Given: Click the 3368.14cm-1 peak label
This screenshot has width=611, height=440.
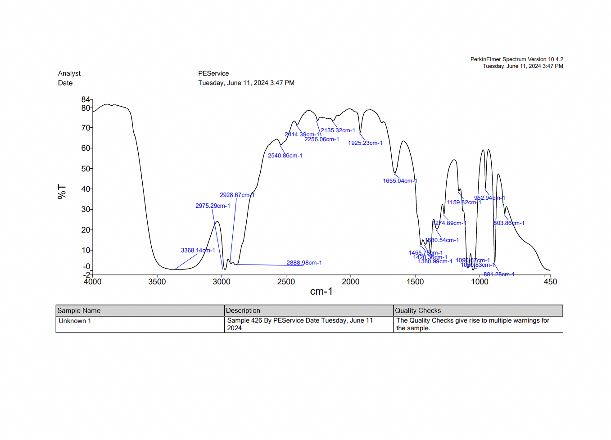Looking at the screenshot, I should click(198, 251).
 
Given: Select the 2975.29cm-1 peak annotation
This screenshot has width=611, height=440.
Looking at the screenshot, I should click(213, 206).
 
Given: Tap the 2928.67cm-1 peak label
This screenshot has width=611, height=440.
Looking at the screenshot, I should click(237, 195).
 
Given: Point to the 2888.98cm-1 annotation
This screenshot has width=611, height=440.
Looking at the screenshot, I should click(304, 263).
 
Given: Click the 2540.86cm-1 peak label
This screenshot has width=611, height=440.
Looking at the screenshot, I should click(285, 156).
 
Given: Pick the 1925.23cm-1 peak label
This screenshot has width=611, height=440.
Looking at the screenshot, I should click(365, 143).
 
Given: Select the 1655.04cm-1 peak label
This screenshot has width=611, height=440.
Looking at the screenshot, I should click(400, 181).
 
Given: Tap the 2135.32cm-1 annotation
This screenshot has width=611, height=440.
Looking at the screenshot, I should click(338, 130).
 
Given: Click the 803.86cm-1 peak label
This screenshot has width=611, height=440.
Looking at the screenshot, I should click(509, 223).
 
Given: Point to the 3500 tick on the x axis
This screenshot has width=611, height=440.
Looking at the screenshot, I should click(157, 282).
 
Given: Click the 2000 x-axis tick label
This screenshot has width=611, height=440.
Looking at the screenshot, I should click(351, 282).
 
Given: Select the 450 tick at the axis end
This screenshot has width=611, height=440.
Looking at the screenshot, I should click(550, 282).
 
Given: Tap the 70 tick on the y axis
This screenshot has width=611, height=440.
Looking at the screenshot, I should click(86, 128).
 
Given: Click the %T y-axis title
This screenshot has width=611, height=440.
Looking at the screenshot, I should click(62, 191).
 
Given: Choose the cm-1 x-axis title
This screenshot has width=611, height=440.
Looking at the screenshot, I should click(321, 292).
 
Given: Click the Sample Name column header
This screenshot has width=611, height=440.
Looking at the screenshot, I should click(79, 311).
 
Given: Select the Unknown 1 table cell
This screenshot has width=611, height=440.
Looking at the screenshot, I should click(75, 321).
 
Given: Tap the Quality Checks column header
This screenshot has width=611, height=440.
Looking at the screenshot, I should click(418, 311).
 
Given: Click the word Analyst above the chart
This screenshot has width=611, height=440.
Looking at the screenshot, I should click(69, 74).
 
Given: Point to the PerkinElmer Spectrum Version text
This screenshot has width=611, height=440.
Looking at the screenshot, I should click(516, 59).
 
